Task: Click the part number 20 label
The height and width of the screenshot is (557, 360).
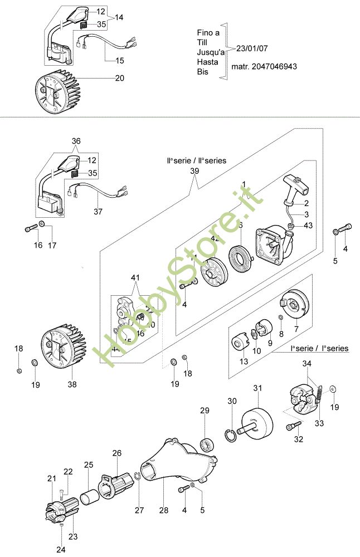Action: (x=119, y=79)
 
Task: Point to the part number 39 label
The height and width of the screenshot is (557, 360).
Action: (x=194, y=171)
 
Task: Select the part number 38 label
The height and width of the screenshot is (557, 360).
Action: (x=72, y=384)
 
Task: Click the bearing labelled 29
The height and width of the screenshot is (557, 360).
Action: (x=208, y=443)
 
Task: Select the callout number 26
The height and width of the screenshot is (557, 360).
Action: (x=117, y=453)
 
